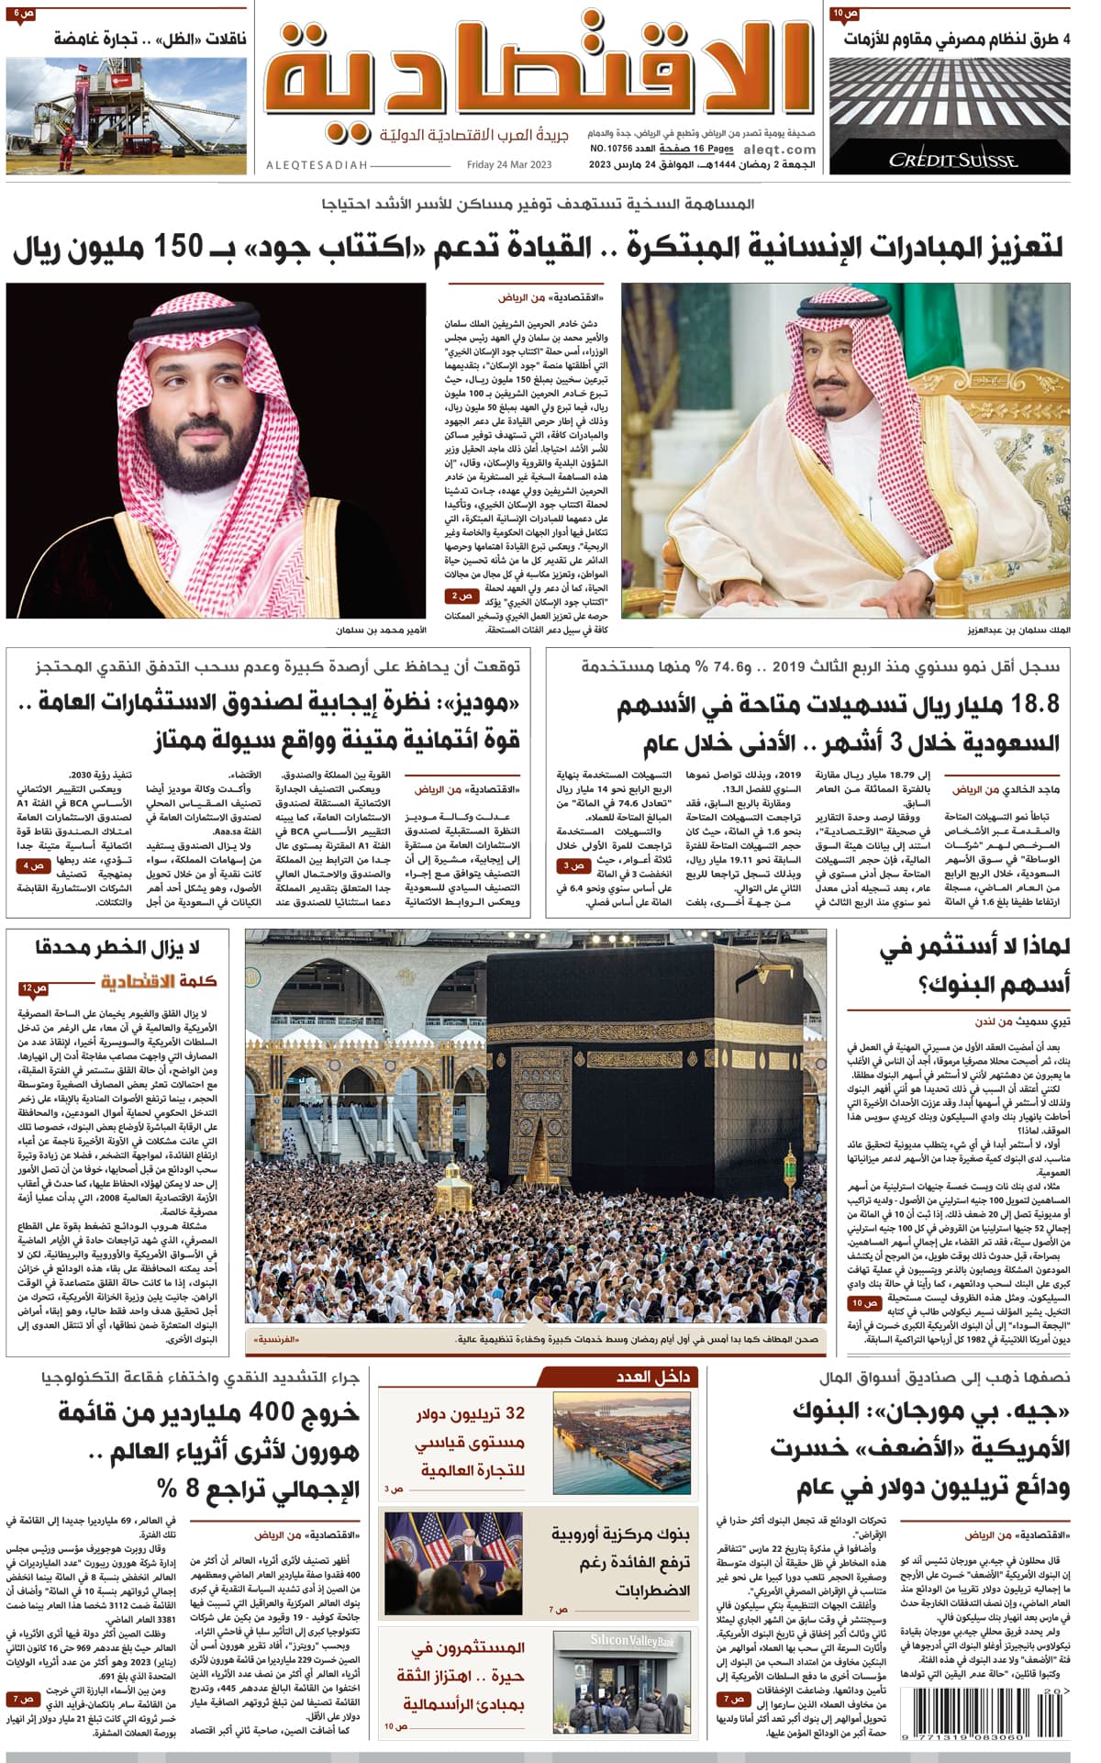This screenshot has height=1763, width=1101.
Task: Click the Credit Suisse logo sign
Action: point(952,160)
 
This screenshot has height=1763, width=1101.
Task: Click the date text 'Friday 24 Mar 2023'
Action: point(508,165)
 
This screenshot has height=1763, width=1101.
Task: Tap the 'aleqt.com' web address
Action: point(779,150)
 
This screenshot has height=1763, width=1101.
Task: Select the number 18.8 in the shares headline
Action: point(1034,704)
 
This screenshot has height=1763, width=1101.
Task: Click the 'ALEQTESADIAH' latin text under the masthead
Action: point(317,165)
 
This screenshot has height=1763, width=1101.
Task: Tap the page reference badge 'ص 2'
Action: point(463,597)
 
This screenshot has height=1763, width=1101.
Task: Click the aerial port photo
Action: point(622,1442)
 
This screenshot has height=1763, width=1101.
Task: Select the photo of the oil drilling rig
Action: point(126,115)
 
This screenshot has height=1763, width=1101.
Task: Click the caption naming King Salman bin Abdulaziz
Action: point(1018,630)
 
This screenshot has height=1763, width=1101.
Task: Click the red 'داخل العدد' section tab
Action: point(652,1377)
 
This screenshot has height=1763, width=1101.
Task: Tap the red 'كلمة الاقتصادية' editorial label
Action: point(159,981)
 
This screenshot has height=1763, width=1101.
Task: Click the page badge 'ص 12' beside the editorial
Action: point(34,988)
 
